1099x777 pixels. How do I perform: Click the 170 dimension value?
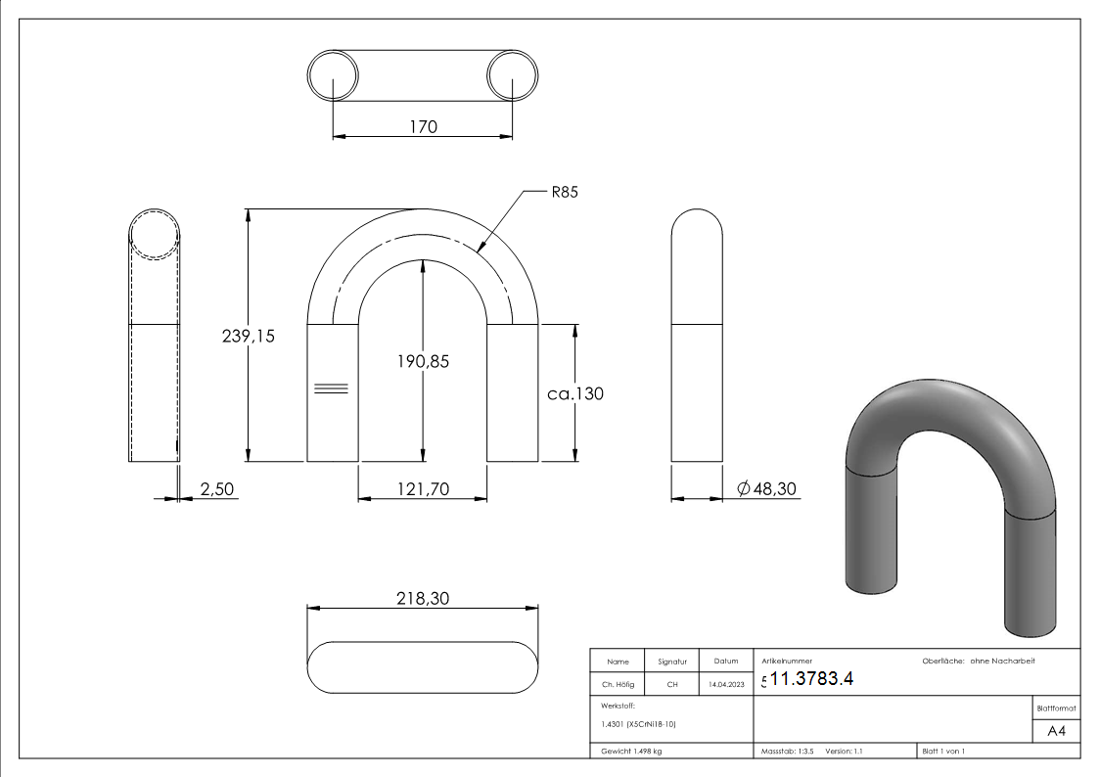tap(423, 126)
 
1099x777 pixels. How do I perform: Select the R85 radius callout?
tap(565, 193)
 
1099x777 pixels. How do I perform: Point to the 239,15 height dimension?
tap(248, 336)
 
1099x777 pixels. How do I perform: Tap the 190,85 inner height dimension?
tap(424, 361)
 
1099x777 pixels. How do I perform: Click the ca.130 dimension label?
tap(575, 393)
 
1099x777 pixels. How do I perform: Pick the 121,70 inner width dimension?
tap(422, 489)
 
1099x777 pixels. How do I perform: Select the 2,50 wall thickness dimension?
tap(217, 489)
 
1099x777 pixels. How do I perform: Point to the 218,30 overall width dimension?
tap(422, 599)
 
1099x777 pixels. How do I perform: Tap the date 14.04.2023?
tap(725, 685)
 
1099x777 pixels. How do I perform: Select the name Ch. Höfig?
tap(618, 685)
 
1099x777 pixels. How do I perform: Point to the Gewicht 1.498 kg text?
tap(631, 752)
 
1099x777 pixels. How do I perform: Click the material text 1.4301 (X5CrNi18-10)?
tap(636, 724)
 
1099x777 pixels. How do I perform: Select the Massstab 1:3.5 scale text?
tap(788, 752)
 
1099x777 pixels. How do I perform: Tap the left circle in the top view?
tap(334, 74)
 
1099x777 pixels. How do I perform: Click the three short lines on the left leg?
tap(331, 388)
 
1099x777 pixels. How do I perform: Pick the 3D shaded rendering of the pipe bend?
tap(947, 499)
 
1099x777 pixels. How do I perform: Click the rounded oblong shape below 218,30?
tap(422, 666)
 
